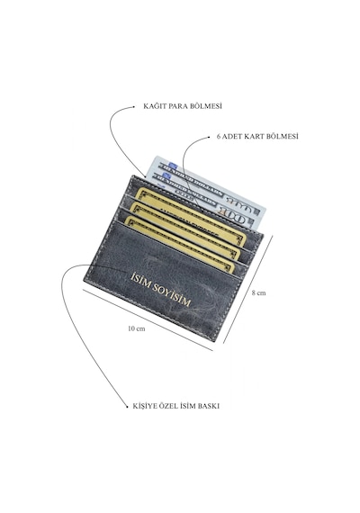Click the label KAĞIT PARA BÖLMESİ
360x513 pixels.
pyautogui.click(x=183, y=106)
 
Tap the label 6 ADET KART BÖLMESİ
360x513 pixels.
pyautogui.click(x=257, y=137)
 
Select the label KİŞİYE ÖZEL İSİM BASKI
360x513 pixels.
pyautogui.click(x=176, y=406)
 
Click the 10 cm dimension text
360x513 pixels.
pyautogui.click(x=137, y=328)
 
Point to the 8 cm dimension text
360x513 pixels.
pyautogui.click(x=258, y=292)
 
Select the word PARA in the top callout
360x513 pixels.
pyautogui.click(x=176, y=106)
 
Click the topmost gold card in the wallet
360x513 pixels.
pyautogui.click(x=192, y=212)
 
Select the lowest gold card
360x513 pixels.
pyautogui.click(x=179, y=243)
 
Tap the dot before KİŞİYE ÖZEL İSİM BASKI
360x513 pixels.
pyautogui.click(x=127, y=407)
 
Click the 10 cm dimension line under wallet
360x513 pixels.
pyautogui.click(x=148, y=320)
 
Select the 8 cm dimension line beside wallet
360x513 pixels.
pyautogui.click(x=248, y=290)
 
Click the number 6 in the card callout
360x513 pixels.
pyautogui.click(x=219, y=137)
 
